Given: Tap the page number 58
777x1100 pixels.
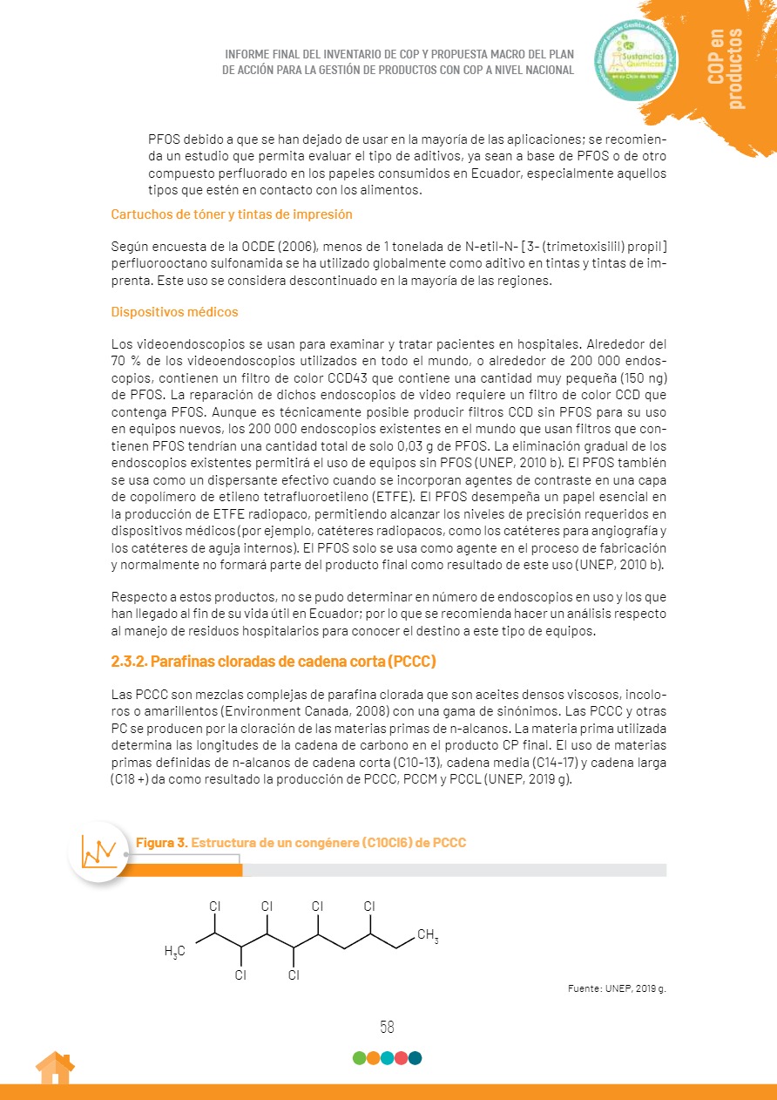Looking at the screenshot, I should click(387, 1027).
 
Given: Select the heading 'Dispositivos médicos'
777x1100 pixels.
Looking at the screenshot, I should click(174, 312).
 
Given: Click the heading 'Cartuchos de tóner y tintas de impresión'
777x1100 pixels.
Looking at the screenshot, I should click(232, 214).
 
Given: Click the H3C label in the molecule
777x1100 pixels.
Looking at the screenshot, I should click(175, 951).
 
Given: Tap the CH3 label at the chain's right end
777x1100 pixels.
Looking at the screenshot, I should click(428, 937).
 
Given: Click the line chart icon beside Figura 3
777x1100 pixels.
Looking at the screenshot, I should click(99, 851).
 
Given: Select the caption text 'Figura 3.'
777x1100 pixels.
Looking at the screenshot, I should click(161, 843).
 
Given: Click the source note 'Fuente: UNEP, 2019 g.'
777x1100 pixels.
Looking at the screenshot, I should click(617, 989).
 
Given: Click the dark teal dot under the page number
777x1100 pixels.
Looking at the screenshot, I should click(415, 1058).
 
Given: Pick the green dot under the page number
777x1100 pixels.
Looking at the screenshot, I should click(359, 1058).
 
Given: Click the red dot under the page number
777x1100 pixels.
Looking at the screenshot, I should click(401, 1058).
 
